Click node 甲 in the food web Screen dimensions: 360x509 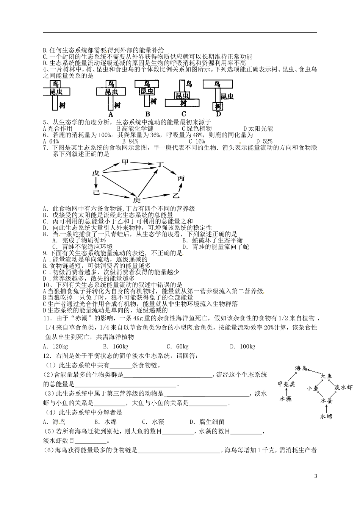(x=125, y=163)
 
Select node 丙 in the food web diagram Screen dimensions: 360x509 (x=181, y=178)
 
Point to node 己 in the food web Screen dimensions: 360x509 (x=96, y=192)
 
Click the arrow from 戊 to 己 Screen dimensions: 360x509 (x=96, y=183)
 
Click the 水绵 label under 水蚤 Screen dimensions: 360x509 (x=326, y=416)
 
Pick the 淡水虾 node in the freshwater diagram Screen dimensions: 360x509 (x=344, y=387)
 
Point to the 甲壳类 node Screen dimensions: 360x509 (x=285, y=384)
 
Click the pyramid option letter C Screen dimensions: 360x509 (x=183, y=114)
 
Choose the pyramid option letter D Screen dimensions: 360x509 (x=218, y=114)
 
